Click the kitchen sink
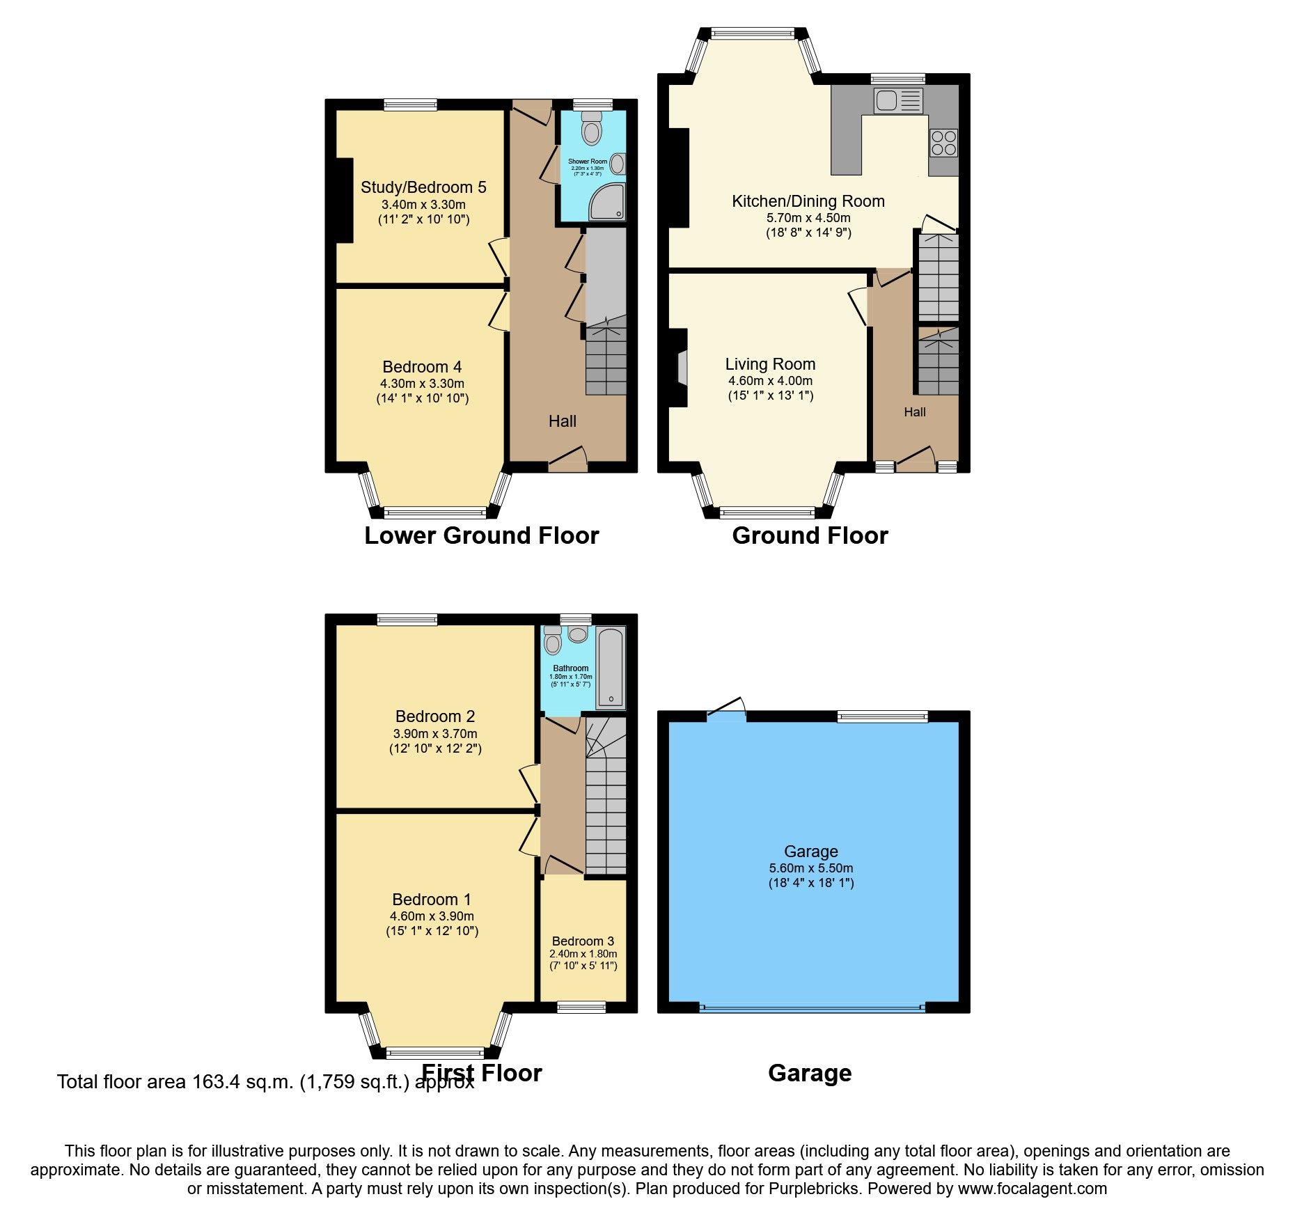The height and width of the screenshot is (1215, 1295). [x=897, y=101]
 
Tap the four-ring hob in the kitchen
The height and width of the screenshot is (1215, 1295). [x=943, y=143]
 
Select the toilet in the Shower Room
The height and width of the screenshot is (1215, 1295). [x=592, y=129]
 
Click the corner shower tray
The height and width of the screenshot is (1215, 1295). [x=607, y=201]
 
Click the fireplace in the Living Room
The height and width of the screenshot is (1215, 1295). [x=682, y=367]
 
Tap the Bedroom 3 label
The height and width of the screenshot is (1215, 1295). [x=583, y=941]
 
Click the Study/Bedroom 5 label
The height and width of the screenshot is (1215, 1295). [x=423, y=187]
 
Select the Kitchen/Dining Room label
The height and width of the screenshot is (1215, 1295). [x=808, y=201]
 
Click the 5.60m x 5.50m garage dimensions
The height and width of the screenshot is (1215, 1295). [x=810, y=868]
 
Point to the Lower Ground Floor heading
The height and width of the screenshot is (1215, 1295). [x=481, y=535]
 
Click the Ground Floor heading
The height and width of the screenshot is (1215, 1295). [x=810, y=535]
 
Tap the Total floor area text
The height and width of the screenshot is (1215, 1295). [x=265, y=1082]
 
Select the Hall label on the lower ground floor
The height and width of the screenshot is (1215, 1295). [x=562, y=421]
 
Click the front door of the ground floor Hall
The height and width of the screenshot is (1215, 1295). [x=915, y=460]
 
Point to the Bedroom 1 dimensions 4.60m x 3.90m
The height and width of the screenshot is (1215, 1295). [x=432, y=916]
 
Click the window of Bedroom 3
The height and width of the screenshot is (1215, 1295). [x=581, y=1007]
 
